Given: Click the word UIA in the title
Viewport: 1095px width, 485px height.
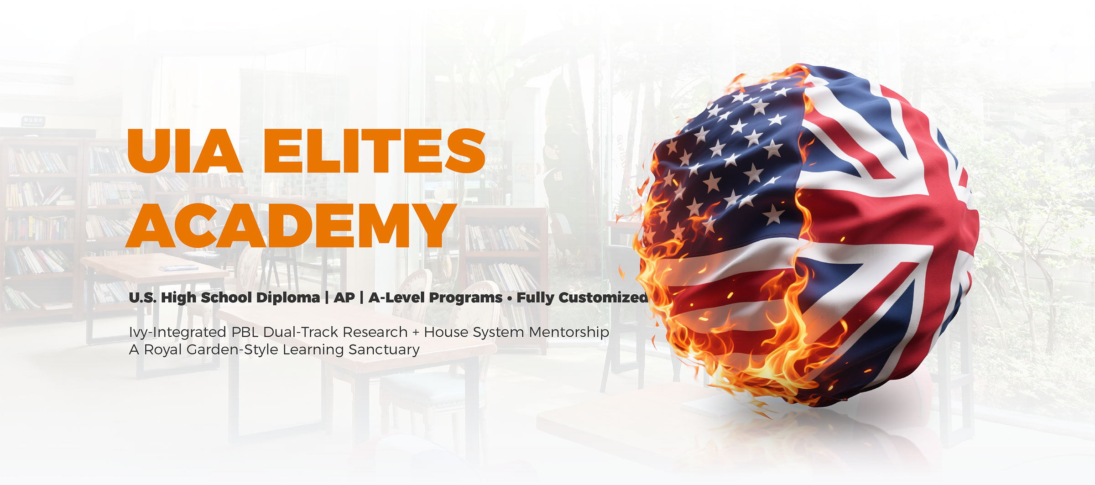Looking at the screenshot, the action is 185,151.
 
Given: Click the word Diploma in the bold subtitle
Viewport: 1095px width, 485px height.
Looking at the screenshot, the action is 288,298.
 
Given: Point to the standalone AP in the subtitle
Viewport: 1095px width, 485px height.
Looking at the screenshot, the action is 344,297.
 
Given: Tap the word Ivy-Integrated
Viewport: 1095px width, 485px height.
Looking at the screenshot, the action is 177,333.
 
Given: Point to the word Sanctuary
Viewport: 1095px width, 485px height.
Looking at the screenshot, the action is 384,350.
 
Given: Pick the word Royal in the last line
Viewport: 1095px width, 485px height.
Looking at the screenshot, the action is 163,350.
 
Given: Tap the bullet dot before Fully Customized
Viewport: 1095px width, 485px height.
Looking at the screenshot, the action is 510,298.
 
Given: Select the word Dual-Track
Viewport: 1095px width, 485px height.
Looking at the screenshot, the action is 301,332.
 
